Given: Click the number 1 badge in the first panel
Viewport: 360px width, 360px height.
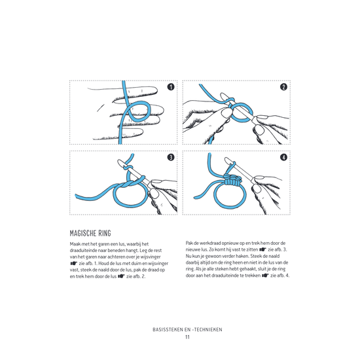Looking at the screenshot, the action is click(x=171, y=87).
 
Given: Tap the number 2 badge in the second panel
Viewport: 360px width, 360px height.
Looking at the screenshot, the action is click(x=284, y=87).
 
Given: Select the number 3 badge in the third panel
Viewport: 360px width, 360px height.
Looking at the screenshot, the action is click(x=171, y=157).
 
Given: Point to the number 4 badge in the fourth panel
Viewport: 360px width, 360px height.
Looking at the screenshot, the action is click(x=284, y=157).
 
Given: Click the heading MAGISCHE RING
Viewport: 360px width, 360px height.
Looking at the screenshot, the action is click(x=90, y=233).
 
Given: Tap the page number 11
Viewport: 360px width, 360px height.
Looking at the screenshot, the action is click(x=187, y=337).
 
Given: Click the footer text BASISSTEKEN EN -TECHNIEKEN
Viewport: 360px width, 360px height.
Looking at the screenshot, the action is click(x=187, y=330).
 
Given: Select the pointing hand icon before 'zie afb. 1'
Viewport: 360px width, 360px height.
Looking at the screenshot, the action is click(x=74, y=263).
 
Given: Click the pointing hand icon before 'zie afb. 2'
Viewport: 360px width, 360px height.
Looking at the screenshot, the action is click(x=121, y=276).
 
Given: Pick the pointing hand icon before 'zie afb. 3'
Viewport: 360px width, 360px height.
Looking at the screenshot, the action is click(x=263, y=249).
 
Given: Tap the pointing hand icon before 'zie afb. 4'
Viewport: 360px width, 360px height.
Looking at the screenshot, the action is click(x=265, y=276).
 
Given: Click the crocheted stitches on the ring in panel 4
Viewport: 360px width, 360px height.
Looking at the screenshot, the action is click(x=232, y=180).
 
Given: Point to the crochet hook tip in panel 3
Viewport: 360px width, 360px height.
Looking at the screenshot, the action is click(x=119, y=162).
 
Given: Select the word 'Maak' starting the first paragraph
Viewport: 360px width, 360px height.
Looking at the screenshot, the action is click(x=75, y=244).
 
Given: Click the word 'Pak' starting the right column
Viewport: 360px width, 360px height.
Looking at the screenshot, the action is click(x=189, y=243).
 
